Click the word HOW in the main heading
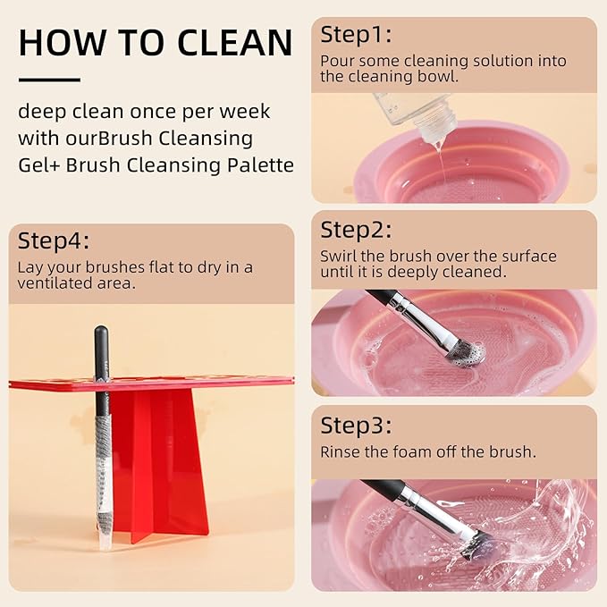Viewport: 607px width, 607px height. (x=55, y=42)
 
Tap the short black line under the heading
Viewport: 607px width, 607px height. (x=48, y=80)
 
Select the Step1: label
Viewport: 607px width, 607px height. (x=356, y=35)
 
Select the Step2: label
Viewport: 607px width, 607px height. (x=356, y=230)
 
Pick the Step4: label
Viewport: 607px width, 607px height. (x=55, y=241)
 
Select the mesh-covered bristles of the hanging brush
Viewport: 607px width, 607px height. (x=103, y=447)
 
